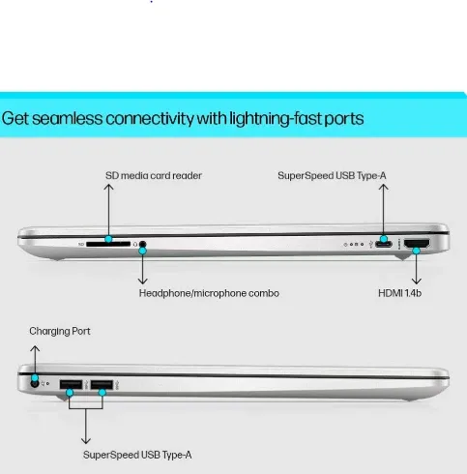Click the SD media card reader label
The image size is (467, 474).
154,176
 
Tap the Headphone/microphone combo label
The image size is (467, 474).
209,293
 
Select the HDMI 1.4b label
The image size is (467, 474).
399,293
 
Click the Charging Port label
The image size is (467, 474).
60,332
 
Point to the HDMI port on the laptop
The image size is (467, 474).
417,244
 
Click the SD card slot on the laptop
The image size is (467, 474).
108,244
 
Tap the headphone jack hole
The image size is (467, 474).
142,244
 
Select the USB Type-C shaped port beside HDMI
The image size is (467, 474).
384,244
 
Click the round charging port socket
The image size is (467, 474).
35,384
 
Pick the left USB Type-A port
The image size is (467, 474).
71,384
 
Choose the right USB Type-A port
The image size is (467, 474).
102,384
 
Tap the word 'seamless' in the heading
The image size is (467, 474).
67,118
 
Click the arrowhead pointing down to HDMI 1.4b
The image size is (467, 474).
417,281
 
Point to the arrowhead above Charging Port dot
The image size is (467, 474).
35,348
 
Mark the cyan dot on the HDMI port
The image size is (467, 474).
417,251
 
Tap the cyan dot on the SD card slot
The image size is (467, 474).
108,239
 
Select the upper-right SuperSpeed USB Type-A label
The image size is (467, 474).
332,176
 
